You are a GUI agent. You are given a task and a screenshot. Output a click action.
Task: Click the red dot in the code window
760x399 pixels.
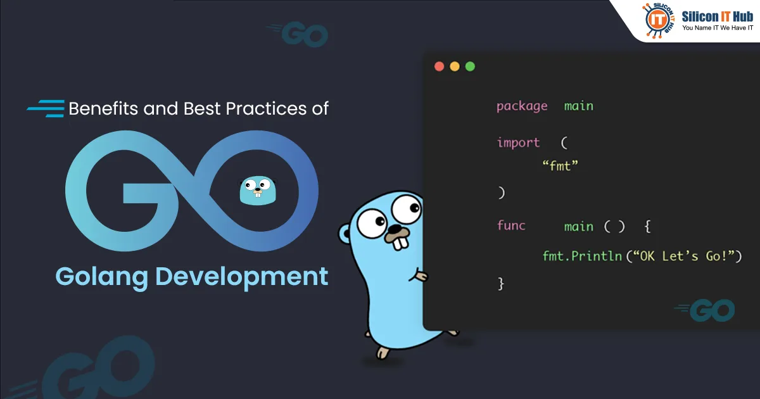(x=439, y=66)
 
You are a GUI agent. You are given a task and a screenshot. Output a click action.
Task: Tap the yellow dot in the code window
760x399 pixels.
(x=454, y=66)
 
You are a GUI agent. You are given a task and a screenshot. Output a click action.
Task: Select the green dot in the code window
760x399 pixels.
(x=469, y=66)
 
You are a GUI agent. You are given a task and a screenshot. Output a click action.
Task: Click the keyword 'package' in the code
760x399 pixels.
(x=522, y=106)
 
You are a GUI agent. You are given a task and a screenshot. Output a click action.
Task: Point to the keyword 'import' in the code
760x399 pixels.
(x=518, y=142)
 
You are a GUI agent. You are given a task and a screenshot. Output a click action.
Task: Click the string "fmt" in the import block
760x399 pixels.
(x=561, y=167)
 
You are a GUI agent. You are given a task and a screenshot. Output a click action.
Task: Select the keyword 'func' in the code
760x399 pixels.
(x=511, y=225)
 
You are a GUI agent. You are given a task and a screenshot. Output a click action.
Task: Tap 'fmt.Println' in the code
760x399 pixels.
(x=582, y=256)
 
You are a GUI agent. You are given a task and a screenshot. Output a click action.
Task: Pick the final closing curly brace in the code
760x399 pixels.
(x=501, y=283)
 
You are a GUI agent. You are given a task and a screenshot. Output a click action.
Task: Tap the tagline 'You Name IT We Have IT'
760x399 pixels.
(x=717, y=28)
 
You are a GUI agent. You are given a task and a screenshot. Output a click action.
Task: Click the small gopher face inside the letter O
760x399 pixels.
(x=258, y=190)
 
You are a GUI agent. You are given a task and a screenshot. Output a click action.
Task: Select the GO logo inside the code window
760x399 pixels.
(x=705, y=310)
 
